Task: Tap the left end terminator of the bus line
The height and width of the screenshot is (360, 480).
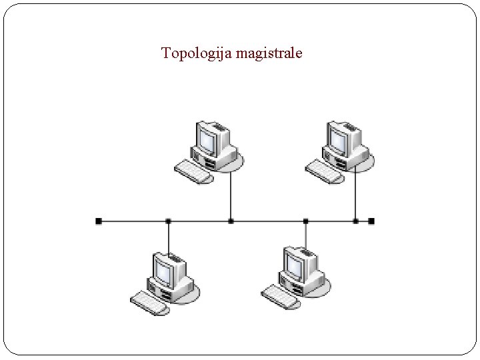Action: [99, 220]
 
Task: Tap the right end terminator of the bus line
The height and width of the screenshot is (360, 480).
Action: [371, 220]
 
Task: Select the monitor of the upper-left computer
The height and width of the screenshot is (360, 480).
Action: [207, 138]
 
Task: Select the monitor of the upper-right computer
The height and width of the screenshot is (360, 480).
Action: [337, 138]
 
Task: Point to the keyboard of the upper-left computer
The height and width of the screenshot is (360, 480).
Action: [193, 171]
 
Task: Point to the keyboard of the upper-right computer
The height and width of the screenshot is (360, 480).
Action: [324, 171]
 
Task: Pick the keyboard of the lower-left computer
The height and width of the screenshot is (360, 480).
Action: [148, 302]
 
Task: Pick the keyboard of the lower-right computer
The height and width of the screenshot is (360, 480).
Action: [279, 297]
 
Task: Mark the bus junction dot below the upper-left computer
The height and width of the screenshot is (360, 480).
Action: [231, 220]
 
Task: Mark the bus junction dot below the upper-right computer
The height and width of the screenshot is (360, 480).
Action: [355, 220]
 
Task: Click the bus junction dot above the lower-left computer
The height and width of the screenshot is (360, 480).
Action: [168, 220]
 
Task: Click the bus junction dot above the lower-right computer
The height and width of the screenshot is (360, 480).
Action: [305, 220]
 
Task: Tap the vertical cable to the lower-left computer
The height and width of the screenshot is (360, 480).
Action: [168, 237]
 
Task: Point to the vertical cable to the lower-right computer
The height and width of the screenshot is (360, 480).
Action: [305, 233]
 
